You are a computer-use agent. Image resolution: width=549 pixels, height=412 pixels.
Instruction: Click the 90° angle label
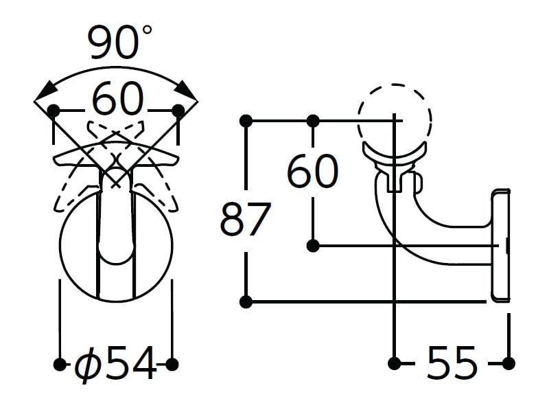pyautogui.click(x=119, y=42)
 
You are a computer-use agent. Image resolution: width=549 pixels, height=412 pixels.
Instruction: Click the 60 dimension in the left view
pyautogui.click(x=118, y=98)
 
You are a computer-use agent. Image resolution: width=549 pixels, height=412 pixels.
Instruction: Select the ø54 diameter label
pyautogui.click(x=115, y=363)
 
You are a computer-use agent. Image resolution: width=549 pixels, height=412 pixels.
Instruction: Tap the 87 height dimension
pyautogui.click(x=246, y=220)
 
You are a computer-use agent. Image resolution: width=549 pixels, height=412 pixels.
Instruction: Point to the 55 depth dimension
pyautogui.click(x=452, y=363)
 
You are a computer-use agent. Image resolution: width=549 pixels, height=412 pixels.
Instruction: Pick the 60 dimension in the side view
pyautogui.click(x=312, y=171)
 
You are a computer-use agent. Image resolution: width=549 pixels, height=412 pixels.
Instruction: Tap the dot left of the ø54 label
pyautogui.click(x=60, y=365)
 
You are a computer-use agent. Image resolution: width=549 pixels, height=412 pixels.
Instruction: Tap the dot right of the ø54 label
pyautogui.click(x=172, y=365)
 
